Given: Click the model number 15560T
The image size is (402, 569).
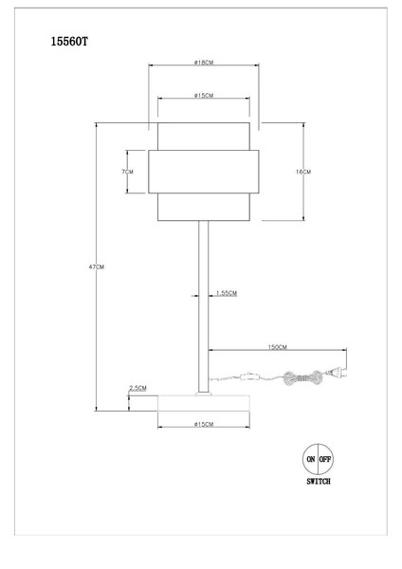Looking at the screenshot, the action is (69, 42).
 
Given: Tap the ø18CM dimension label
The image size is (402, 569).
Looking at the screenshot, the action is (204, 63).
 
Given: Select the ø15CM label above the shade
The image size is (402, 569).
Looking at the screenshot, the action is (204, 96).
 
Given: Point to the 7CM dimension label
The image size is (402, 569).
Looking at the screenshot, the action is (127, 172).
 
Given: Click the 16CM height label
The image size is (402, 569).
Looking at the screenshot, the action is (303, 172).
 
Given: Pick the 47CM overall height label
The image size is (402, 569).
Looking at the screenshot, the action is (97, 266).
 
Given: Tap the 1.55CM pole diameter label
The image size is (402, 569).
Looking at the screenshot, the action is (227, 293).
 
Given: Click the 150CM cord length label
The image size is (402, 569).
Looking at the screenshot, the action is (278, 347).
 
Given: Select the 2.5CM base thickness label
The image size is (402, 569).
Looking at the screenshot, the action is (138, 388).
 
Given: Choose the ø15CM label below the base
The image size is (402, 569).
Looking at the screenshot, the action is (204, 424).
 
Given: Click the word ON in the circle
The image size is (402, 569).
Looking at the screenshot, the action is (311, 459).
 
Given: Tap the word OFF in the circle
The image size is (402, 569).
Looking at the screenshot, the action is (325, 459).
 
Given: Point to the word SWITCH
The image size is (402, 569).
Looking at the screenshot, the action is (319, 482).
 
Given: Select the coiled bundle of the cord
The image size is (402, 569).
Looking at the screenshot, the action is (303, 377).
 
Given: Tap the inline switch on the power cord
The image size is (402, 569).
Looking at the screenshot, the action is (249, 376).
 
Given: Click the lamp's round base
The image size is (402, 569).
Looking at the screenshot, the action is (204, 403).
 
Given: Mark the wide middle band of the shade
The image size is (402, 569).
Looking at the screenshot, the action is (204, 172).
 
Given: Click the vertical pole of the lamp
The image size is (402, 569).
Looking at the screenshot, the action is (204, 306).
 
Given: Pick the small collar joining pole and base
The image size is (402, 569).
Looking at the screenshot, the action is (204, 394).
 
